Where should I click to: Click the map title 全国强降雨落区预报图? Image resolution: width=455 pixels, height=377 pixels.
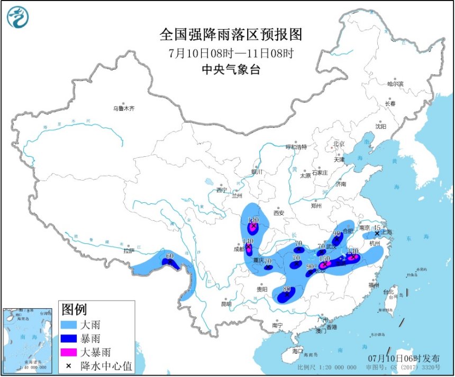[231, 35]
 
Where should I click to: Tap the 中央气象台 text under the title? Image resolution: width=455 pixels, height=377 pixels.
[231, 70]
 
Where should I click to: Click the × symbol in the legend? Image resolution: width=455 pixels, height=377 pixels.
[69, 365]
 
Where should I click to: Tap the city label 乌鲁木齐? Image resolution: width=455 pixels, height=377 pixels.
[124, 109]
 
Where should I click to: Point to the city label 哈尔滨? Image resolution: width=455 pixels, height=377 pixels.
[395, 84]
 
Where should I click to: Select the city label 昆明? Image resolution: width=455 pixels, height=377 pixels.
[226, 304]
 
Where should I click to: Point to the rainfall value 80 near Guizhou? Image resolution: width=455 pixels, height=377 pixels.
[287, 289]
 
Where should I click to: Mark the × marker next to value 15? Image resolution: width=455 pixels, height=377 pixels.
[377, 233]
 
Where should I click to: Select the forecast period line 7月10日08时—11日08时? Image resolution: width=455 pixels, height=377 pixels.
[231, 53]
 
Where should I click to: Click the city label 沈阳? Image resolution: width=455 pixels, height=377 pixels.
[381, 127]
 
